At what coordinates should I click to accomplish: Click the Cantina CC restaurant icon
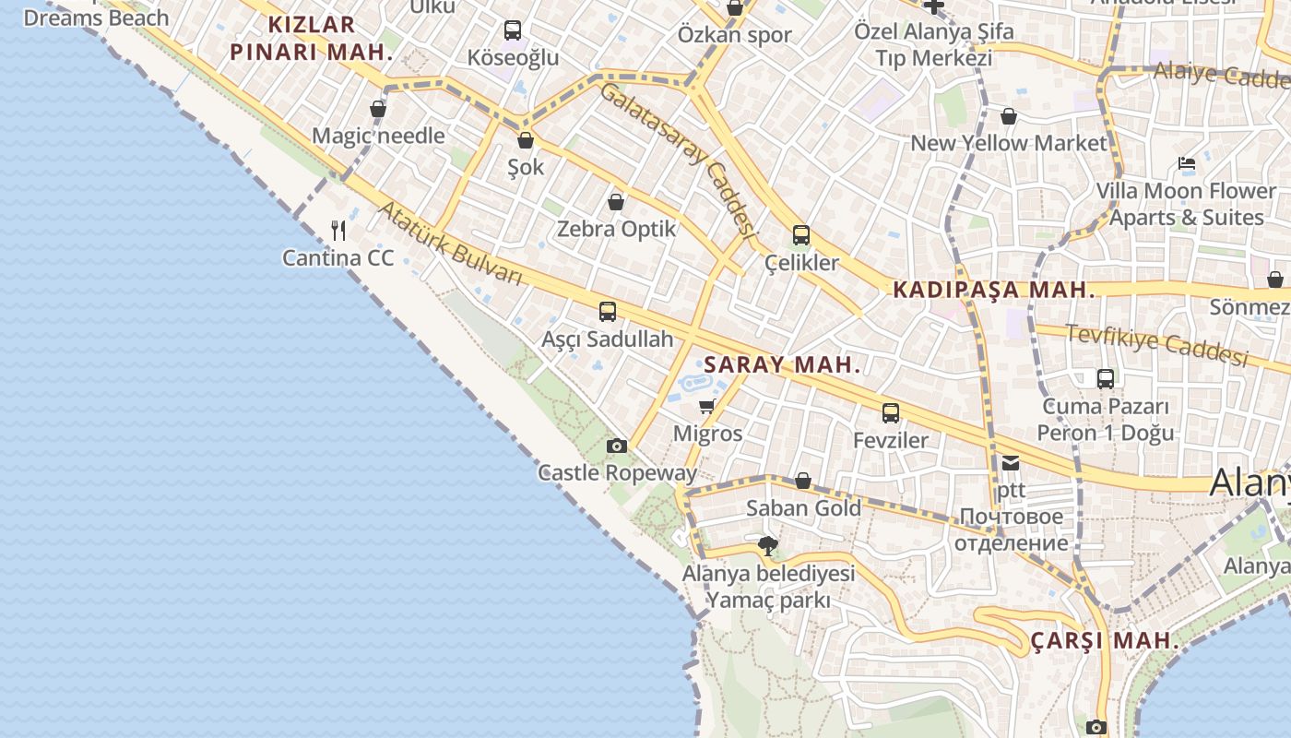coord(338,230)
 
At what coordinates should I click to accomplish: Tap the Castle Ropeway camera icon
coord(617,446)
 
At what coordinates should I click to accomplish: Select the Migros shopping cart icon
coord(707,406)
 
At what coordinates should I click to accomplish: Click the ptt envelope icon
coord(1011,463)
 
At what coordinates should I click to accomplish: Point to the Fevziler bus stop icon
coord(890,413)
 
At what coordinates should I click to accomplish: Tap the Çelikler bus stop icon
coord(801,235)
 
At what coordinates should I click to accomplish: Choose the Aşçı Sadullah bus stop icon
coord(607,312)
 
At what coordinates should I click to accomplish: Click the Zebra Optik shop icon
coord(616,202)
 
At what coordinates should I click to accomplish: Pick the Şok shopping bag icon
coord(526,140)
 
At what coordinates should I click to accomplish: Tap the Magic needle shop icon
coord(378,109)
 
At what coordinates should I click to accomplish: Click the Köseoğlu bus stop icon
coord(513,30)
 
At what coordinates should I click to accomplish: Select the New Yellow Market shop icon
coord(1009,116)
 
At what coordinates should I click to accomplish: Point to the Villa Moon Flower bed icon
coord(1187,163)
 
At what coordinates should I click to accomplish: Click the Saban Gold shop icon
coord(803,481)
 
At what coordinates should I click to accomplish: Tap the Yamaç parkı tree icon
coord(767,546)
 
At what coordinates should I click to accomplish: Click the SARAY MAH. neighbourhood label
coord(782,364)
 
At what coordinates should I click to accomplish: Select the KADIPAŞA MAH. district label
coord(994,290)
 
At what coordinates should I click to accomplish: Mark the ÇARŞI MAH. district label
coord(1102,640)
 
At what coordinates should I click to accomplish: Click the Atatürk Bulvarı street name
coord(450,244)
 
